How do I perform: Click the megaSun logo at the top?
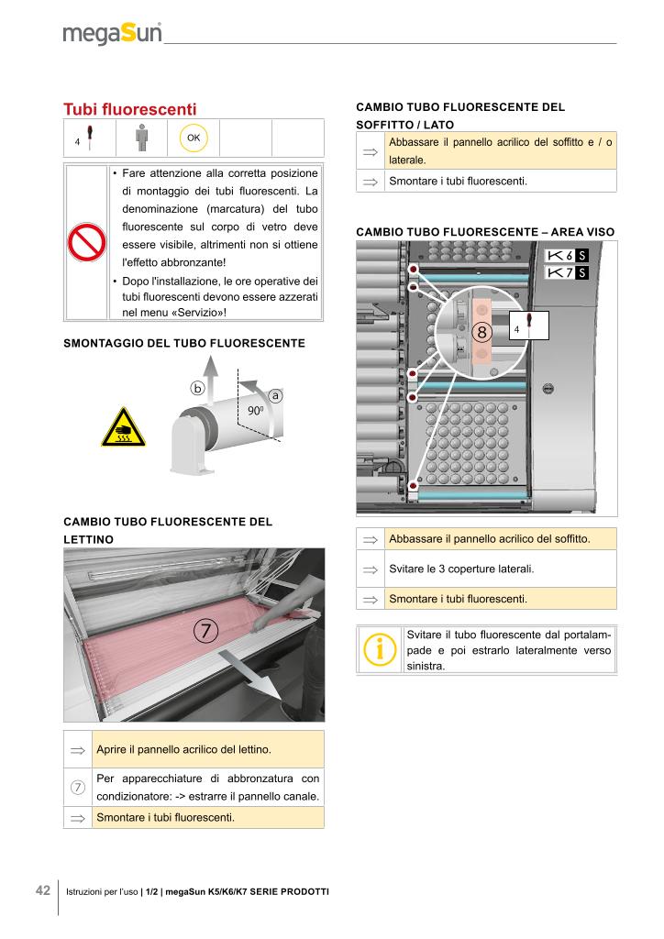[x=112, y=34]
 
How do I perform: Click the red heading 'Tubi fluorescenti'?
[x=129, y=109]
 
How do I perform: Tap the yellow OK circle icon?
[x=194, y=138]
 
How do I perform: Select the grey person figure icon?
[x=141, y=138]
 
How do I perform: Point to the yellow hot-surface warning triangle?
[x=123, y=429]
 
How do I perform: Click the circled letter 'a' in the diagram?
[x=274, y=395]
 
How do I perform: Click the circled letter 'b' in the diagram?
[x=197, y=387]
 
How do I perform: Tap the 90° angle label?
[x=255, y=411]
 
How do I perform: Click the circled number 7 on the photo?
[x=206, y=631]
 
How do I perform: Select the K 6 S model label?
[x=567, y=255]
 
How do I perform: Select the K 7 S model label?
[x=567, y=272]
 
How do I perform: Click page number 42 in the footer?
[x=43, y=890]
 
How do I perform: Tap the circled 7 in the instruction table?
[x=78, y=788]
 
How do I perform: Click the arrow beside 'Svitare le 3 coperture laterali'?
[x=371, y=569]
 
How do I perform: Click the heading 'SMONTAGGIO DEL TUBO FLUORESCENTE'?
[x=183, y=343]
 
